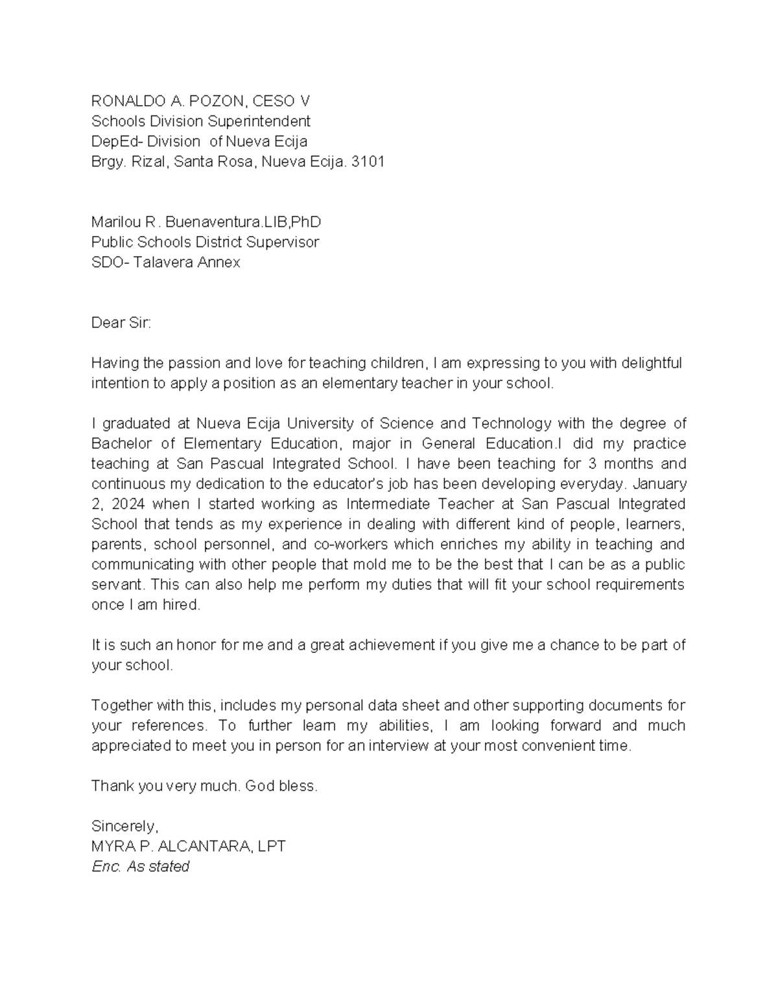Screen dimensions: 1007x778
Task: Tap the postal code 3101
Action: click(368, 161)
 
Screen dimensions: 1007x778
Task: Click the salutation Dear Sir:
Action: click(121, 323)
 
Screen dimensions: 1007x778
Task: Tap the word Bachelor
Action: click(121, 444)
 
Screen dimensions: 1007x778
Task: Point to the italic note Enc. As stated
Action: click(141, 866)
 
